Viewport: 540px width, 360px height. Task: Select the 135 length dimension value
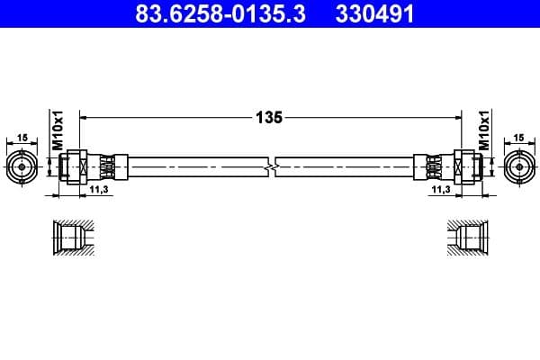(x=269, y=116)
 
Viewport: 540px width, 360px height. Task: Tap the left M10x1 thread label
(x=55, y=131)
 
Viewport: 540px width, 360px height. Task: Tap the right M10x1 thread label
(x=484, y=131)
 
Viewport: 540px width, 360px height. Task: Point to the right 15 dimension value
(x=518, y=138)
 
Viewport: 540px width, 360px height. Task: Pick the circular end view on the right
(x=518, y=166)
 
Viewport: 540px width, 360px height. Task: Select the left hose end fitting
(x=76, y=166)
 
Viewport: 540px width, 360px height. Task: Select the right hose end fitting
(x=463, y=166)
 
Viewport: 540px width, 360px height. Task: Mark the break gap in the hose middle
(x=270, y=166)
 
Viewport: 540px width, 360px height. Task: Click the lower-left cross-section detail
(x=71, y=238)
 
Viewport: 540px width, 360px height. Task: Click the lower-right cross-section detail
(x=468, y=238)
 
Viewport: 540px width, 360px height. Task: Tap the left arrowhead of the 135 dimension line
(x=85, y=116)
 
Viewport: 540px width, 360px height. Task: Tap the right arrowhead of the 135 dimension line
(x=454, y=116)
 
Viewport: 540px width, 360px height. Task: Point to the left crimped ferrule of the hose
(x=109, y=166)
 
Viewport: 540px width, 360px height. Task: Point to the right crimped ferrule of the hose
(x=430, y=166)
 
